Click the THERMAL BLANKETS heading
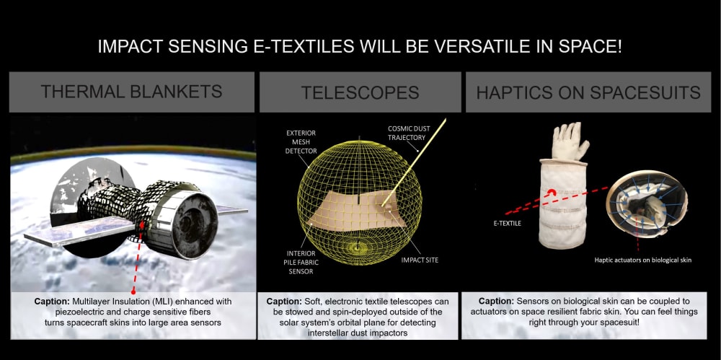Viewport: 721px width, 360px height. pyautogui.click(x=131, y=91)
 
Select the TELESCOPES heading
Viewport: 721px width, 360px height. pyautogui.click(x=360, y=92)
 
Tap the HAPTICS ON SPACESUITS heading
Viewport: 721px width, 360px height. pyautogui.click(x=588, y=92)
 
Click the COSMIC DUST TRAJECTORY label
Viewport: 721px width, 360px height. pyautogui.click(x=408, y=133)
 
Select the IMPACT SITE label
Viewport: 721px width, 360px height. pyautogui.click(x=420, y=260)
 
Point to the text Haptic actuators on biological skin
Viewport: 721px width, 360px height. pyautogui.click(x=642, y=260)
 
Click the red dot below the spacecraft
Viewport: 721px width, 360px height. pyautogui.click(x=133, y=291)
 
